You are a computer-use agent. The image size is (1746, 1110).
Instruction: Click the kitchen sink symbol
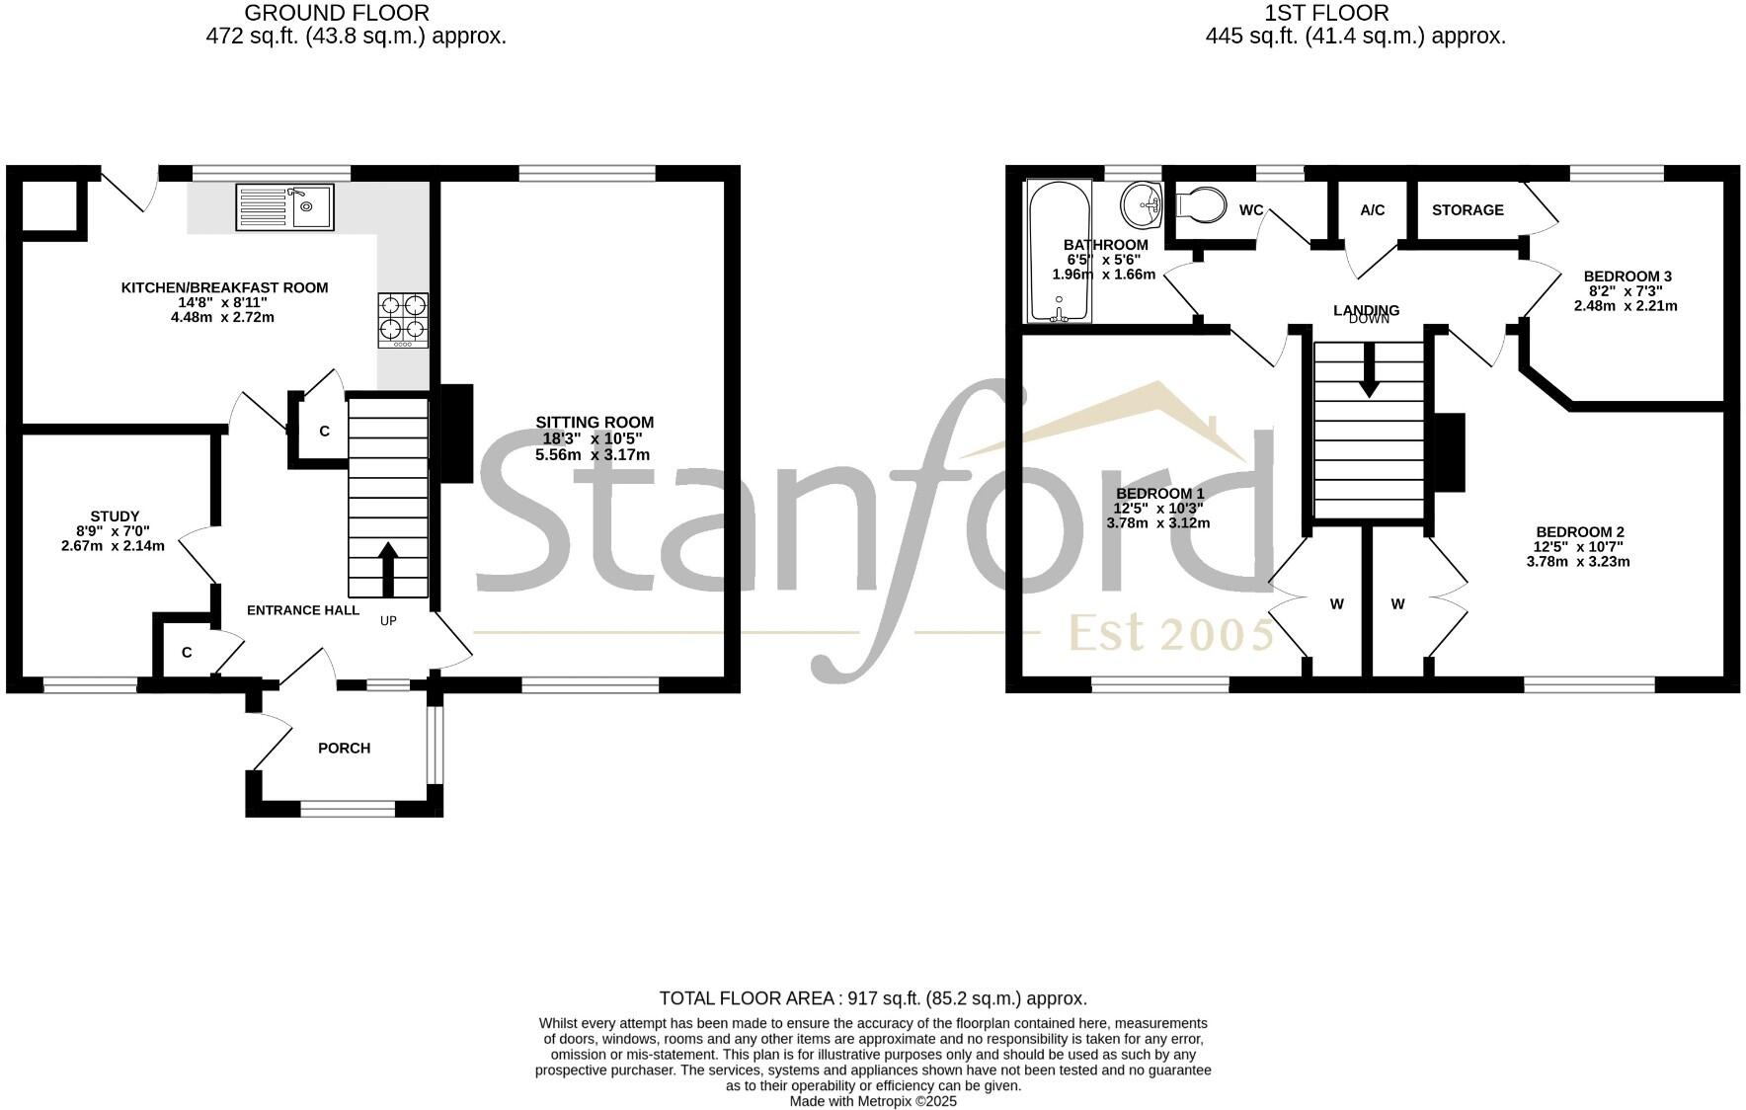[284, 207]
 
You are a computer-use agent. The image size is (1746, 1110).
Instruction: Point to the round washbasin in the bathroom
[1143, 205]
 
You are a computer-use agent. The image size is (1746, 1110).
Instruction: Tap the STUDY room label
[115, 515]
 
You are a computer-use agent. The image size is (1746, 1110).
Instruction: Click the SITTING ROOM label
[595, 422]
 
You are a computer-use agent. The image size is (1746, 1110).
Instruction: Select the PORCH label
[344, 748]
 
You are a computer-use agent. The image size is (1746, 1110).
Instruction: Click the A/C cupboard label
[1373, 209]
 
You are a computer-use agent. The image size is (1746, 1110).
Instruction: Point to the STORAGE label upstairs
[1468, 209]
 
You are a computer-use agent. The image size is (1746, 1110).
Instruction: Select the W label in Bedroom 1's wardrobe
[1336, 603]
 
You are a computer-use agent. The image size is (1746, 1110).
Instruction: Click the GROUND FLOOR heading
[336, 13]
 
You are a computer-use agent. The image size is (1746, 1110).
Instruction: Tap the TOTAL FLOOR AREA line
[872, 998]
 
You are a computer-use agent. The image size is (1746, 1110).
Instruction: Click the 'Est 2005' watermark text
[1171, 633]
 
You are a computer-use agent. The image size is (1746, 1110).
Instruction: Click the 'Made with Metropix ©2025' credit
[873, 1101]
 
